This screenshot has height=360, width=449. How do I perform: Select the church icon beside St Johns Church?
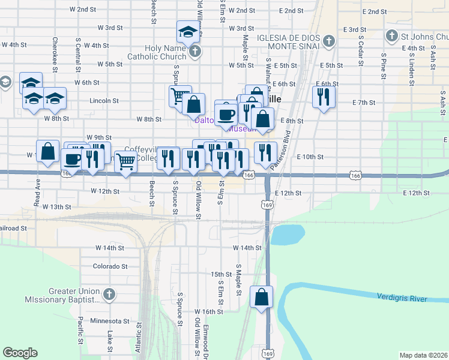[392, 35]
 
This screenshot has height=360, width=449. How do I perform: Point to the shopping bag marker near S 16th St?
[262, 297]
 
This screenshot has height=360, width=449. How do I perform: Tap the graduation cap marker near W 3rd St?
[188, 32]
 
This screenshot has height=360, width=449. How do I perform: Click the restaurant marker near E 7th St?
[324, 98]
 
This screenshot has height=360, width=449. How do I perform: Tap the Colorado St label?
[110, 266]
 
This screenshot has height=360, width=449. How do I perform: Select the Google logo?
[20, 353]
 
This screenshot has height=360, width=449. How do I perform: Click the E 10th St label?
[310, 157]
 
